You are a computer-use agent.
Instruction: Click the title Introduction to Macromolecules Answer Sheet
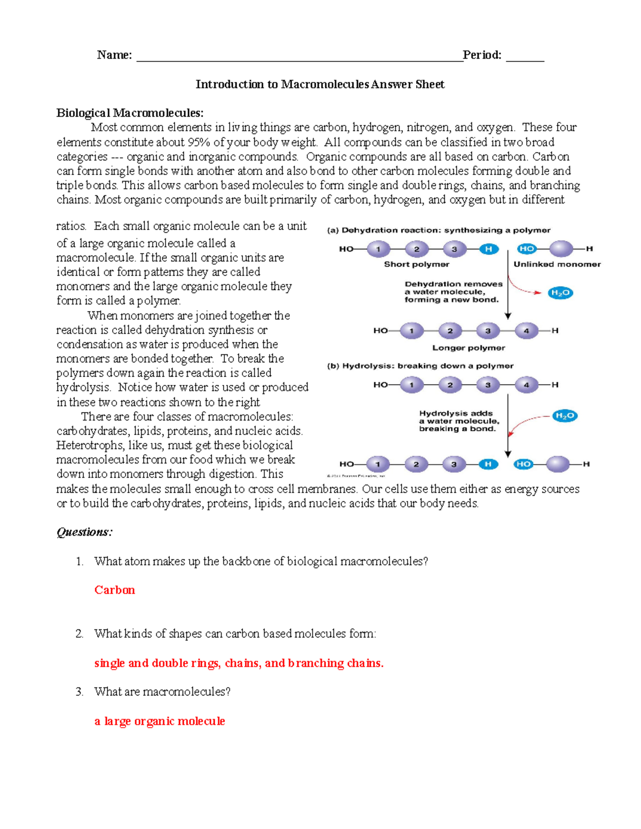click(320, 84)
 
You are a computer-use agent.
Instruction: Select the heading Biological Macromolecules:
click(130, 113)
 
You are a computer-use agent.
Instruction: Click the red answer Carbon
click(115, 590)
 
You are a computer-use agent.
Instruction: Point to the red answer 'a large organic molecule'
click(160, 721)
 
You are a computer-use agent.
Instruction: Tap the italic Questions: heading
click(84, 532)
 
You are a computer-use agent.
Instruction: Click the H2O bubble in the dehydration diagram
click(560, 293)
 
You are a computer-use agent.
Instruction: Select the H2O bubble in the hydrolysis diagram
click(565, 416)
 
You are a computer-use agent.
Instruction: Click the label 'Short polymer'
click(417, 264)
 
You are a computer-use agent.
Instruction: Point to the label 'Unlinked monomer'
click(557, 264)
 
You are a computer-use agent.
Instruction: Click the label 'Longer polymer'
click(468, 348)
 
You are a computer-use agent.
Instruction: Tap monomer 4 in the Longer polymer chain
click(526, 331)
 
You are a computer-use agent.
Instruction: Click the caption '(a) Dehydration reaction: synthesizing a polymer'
click(439, 231)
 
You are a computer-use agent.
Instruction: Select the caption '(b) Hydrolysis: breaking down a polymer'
click(420, 366)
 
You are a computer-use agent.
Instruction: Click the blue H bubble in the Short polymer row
click(488, 249)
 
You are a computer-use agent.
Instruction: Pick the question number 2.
click(79, 634)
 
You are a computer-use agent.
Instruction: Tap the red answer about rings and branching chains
click(239, 663)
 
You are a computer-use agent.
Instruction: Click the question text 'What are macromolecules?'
click(162, 692)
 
